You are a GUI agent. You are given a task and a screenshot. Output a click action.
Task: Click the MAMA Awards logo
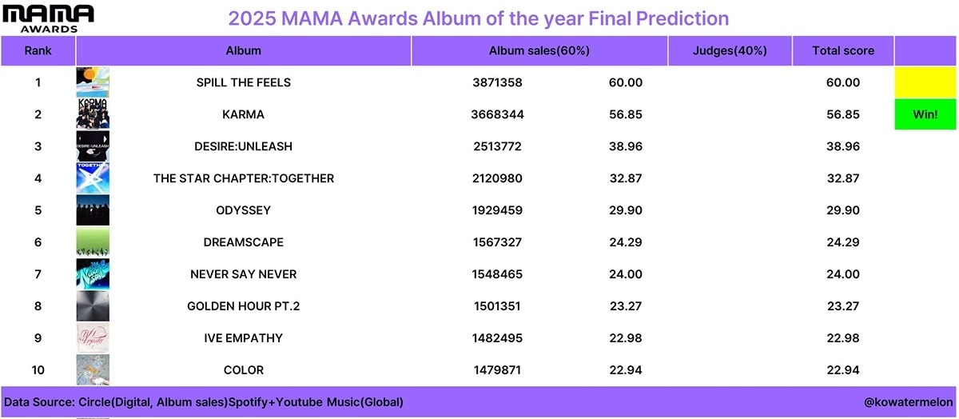pos(48,19)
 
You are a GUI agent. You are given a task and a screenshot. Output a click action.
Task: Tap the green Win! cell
pos(925,114)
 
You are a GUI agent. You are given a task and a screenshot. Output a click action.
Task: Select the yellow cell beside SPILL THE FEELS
pos(925,82)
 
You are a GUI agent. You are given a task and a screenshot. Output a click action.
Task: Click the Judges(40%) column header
pos(730,50)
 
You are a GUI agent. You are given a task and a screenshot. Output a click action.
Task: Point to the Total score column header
pos(843,50)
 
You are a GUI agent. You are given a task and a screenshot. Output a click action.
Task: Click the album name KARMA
pos(243,114)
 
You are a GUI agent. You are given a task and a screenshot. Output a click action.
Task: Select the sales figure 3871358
pos(497,82)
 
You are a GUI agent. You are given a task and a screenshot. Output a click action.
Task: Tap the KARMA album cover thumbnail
pos(93,114)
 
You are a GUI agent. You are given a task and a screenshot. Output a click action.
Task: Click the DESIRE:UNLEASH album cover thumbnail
pos(93,146)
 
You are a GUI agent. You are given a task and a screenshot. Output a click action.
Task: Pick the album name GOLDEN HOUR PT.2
pos(243,306)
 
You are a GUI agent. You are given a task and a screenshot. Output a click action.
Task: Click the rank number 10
pos(38,369)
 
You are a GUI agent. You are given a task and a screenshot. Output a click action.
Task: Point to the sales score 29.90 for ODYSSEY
pos(626,210)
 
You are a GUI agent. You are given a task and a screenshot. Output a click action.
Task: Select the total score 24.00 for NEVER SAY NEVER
pos(843,273)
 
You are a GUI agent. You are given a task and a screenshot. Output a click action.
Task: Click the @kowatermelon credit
pos(908,402)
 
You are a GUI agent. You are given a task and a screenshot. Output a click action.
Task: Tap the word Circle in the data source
pos(94,402)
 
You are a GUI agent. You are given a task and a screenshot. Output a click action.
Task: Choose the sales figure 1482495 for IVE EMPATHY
pos(497,338)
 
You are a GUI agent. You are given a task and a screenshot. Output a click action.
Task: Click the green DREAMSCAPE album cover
pos(93,242)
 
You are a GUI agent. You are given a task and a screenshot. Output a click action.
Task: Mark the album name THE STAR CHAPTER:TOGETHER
pos(244,178)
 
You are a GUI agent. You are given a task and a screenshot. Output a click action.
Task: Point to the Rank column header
pos(38,50)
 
